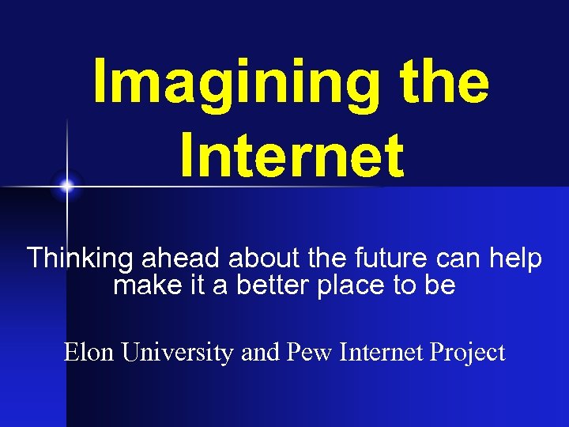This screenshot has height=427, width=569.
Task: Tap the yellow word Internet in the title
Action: [x=292, y=155]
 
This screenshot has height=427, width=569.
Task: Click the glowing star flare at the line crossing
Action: [x=67, y=187]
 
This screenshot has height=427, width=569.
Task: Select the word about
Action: [x=251, y=258]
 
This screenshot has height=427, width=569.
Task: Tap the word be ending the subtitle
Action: [x=440, y=285]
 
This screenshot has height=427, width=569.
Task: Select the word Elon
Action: [x=90, y=352]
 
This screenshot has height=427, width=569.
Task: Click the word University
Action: [x=178, y=353]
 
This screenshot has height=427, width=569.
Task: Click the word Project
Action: [x=469, y=353]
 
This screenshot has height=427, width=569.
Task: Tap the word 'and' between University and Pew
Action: [x=259, y=352]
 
